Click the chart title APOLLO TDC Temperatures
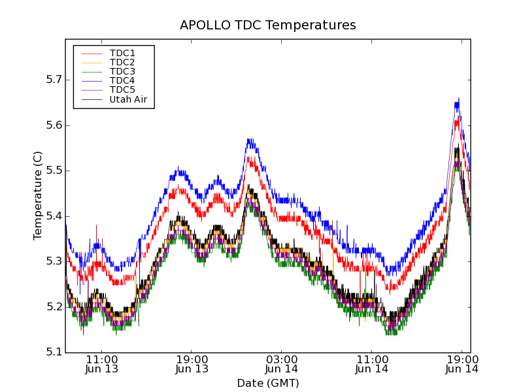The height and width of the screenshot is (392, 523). pos(268,25)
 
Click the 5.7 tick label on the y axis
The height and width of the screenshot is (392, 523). pos(54,80)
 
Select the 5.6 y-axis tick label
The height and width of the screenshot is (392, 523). pos(54,125)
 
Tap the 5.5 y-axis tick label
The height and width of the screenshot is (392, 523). pos(54,171)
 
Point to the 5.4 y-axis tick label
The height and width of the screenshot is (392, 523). pos(54,216)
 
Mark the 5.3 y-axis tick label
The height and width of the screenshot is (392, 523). pos(54,261)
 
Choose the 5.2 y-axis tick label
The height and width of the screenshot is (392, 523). pos(54,307)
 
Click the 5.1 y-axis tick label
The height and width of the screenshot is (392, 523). pos(54,353)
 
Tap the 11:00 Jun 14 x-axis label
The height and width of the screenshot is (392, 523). pos(371,364)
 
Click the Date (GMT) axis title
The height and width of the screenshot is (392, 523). pos(268,383)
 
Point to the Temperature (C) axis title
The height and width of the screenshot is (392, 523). pos(38,196)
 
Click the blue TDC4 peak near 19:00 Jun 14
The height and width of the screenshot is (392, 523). pos(458,100)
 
